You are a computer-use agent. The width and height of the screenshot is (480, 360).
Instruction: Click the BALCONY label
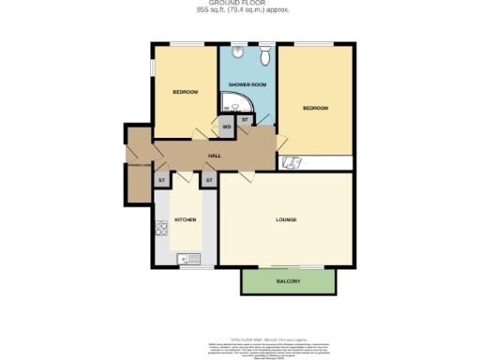288,281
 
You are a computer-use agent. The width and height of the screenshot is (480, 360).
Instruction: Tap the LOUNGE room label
287,220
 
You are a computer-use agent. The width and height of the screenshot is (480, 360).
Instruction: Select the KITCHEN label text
185,221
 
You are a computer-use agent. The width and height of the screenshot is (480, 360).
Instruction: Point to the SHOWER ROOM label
247,84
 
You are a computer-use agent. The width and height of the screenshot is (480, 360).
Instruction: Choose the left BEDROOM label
185,91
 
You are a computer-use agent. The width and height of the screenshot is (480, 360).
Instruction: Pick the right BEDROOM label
315,109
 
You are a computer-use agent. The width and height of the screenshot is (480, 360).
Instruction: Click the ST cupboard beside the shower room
245,120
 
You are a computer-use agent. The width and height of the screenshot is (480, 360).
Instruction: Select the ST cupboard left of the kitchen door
161,178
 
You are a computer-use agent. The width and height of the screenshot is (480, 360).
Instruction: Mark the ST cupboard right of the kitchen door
208,178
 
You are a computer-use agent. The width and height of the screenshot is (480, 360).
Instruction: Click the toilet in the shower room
266,57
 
